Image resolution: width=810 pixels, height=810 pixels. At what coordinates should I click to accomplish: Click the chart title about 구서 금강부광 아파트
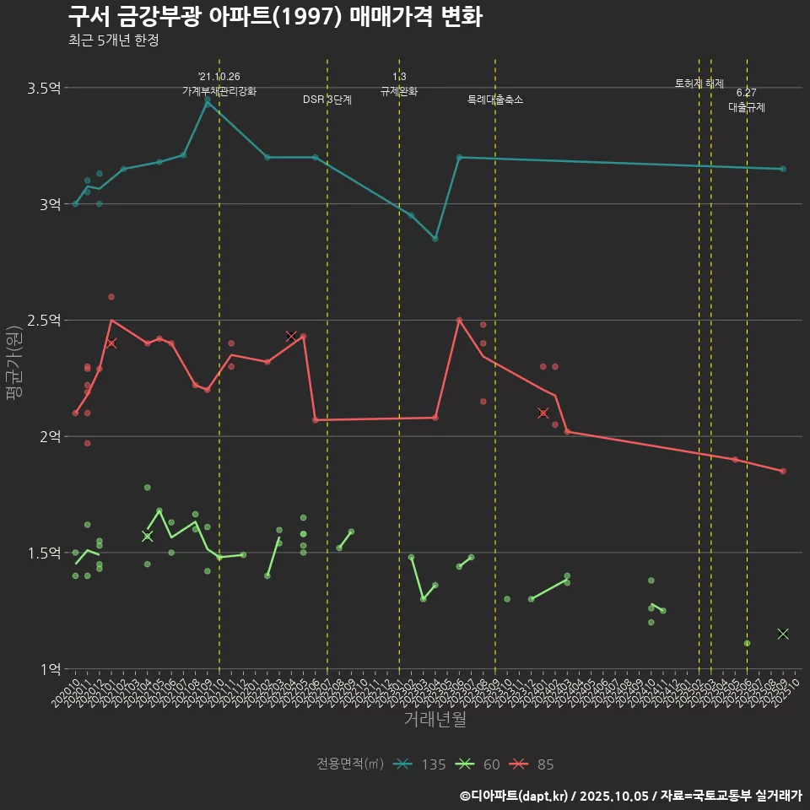pyautogui.click(x=275, y=16)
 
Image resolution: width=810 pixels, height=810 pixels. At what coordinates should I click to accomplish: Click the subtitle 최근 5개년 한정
pyautogui.click(x=113, y=40)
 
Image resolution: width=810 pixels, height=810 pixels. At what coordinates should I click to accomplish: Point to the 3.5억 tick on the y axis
pyautogui.click(x=44, y=88)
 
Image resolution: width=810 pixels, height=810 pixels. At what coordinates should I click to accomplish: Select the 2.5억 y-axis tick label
pyautogui.click(x=44, y=321)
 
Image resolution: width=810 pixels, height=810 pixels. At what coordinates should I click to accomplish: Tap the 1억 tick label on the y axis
pyautogui.click(x=49, y=669)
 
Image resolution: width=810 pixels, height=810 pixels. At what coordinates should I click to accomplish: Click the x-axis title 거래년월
pyautogui.click(x=435, y=720)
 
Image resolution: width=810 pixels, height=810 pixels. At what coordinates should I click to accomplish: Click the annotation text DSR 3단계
pyautogui.click(x=327, y=100)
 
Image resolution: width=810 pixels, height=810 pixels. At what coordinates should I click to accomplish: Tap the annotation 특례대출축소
pyautogui.click(x=495, y=100)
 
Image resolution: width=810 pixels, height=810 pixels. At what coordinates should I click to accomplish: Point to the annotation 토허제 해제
pyautogui.click(x=699, y=84)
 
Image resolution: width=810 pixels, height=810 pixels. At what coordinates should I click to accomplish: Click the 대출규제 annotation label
pyautogui.click(x=747, y=108)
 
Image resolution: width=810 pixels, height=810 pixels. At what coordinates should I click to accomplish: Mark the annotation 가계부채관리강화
pyautogui.click(x=219, y=91)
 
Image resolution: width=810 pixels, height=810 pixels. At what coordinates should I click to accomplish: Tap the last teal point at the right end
pyautogui.click(x=783, y=169)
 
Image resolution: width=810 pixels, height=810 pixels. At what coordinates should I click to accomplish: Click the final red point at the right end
pyautogui.click(x=783, y=471)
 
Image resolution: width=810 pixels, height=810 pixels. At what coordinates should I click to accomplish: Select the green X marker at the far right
pyautogui.click(x=783, y=634)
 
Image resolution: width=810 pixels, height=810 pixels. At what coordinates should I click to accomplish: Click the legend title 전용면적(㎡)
pyautogui.click(x=350, y=764)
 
